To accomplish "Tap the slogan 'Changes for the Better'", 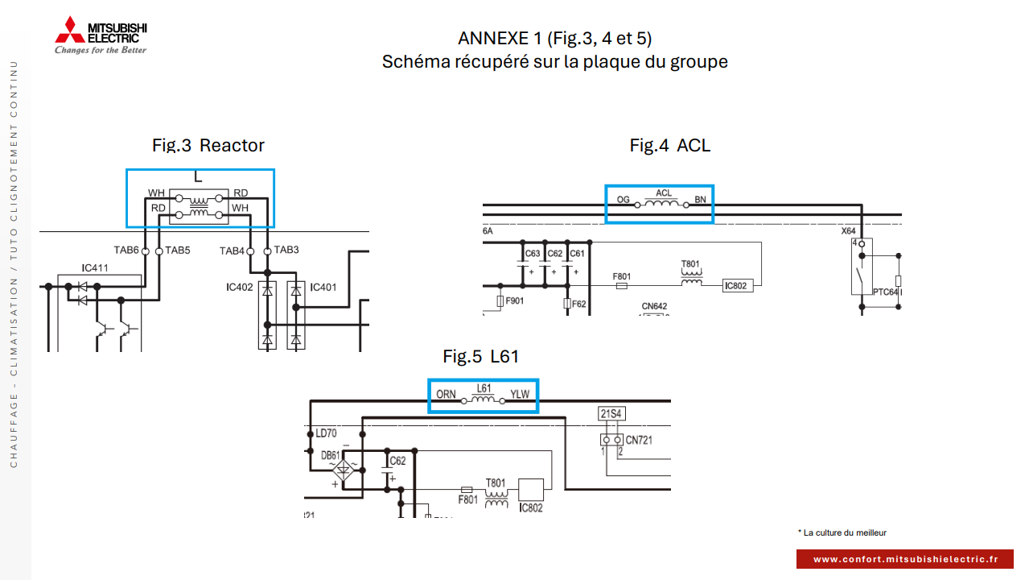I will (101, 50).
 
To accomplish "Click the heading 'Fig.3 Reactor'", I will (208, 145).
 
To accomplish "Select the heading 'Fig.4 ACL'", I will (669, 145).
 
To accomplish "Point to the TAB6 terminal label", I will (126, 251).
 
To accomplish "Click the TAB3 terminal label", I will (286, 251).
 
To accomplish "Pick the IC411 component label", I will (95, 267).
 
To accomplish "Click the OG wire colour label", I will (623, 199).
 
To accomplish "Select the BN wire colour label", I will (700, 199).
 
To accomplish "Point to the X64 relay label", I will (849, 231).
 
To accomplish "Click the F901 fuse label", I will (515, 300).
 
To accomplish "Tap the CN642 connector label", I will (654, 306).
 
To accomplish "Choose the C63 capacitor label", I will (533, 254).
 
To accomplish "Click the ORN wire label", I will (446, 395).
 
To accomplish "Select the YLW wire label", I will (520, 395).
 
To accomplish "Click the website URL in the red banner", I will (905, 559).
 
